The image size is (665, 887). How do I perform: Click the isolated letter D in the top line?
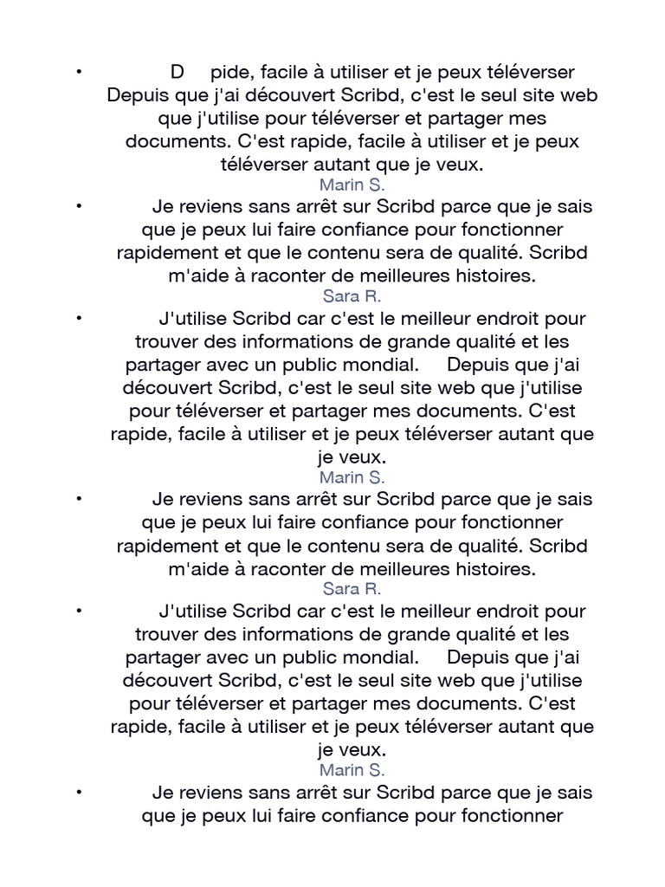pos(178,71)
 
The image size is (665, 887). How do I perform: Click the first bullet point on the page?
pos(79,71)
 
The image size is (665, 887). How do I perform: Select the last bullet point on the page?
pos(79,792)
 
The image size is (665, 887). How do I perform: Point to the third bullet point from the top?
pos(79,319)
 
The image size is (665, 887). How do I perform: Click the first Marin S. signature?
pos(352,185)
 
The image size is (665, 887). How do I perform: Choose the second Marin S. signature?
pos(352,477)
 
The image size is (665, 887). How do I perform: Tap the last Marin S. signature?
pos(352,770)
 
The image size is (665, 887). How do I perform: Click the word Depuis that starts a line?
pos(138,94)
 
